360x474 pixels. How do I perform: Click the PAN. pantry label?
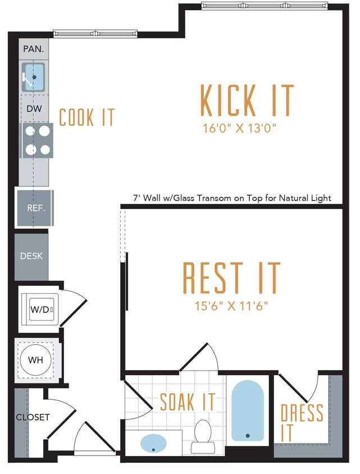click(x=34, y=49)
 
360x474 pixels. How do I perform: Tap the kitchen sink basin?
click(x=34, y=77)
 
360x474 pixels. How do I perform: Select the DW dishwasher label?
click(x=34, y=109)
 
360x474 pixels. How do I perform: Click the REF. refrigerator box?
click(x=35, y=208)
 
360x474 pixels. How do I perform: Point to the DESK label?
click(x=31, y=256)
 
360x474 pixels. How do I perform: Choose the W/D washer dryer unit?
click(x=40, y=309)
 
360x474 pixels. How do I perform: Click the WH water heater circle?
click(x=37, y=359)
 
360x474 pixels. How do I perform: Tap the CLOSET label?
click(x=33, y=417)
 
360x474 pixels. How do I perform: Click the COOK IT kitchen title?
click(x=86, y=117)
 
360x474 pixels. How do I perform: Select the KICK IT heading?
click(x=247, y=101)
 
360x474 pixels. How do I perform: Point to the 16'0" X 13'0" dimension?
click(x=240, y=128)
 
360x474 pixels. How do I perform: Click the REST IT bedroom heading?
click(x=231, y=278)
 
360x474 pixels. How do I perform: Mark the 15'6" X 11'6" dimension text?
click(x=231, y=306)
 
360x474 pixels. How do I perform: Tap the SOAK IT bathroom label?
click(x=187, y=402)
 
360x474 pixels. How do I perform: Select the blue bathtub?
click(x=247, y=411)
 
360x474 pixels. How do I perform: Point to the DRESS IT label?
click(x=302, y=422)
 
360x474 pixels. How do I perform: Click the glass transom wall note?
click(x=232, y=198)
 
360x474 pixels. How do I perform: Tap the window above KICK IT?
click(x=264, y=6)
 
